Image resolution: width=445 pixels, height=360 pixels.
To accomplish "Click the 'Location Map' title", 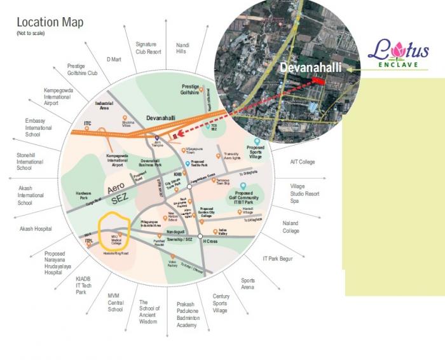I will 50,23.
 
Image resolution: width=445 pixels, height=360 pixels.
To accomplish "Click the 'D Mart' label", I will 114,59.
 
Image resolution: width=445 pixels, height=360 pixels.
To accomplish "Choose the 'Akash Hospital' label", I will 35,228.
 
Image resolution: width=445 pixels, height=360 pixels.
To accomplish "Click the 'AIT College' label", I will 302,162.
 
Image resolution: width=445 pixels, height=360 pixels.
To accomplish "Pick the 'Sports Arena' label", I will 248,284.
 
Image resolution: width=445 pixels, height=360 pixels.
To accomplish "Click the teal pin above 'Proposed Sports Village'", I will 257,142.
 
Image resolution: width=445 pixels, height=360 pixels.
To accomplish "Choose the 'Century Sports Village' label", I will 221,303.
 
